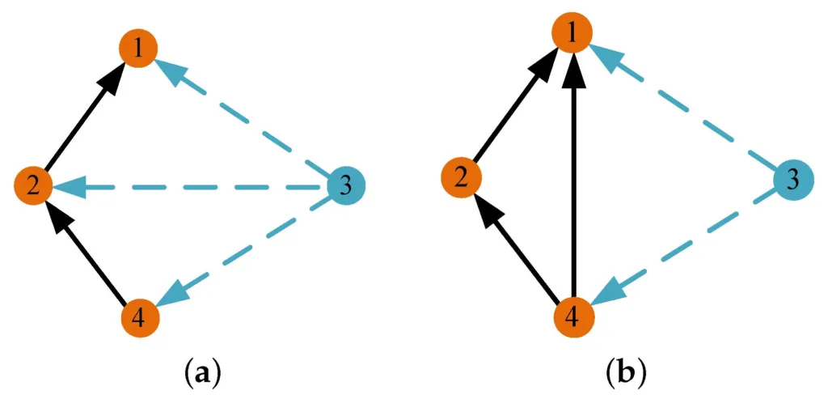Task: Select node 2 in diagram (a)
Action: pyautogui.click(x=34, y=186)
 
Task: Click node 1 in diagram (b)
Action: pyautogui.click(x=572, y=34)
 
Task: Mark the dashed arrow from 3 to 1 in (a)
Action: pyautogui.click(x=243, y=118)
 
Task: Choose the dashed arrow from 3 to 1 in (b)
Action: pyautogui.click(x=683, y=106)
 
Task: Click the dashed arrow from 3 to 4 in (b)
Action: pyautogui.click(x=683, y=247)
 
